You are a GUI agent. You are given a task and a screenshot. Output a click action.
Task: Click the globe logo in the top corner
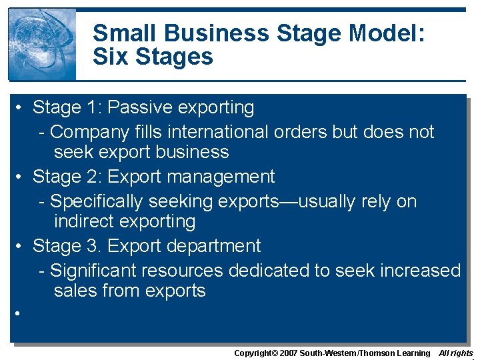pyautogui.click(x=42, y=44)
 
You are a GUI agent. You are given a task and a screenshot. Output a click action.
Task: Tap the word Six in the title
pyautogui.click(x=111, y=56)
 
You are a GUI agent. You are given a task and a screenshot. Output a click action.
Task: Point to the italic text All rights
pyautogui.click(x=456, y=353)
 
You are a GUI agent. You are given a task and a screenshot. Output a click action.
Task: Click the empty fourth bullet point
pyautogui.click(x=21, y=313)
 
